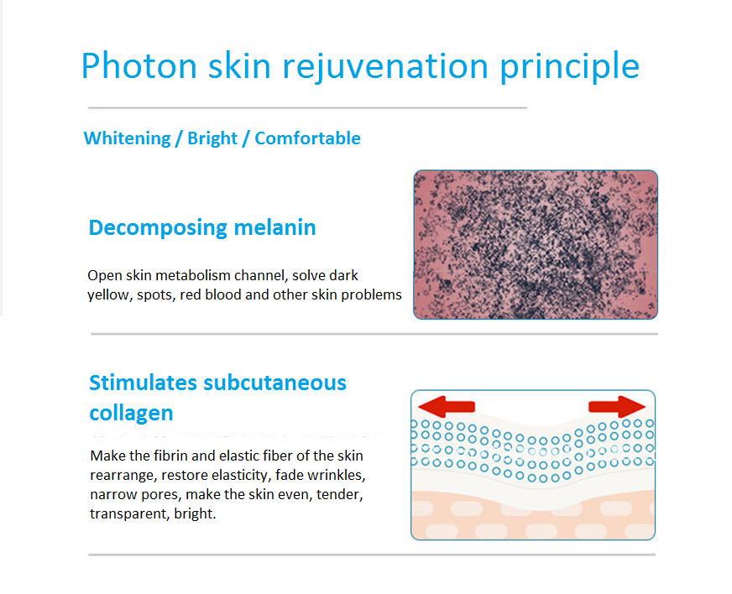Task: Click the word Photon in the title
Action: click(139, 65)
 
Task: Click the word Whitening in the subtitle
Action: click(127, 138)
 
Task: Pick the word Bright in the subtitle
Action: click(212, 138)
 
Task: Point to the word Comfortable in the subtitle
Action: click(307, 138)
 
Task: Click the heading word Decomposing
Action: click(157, 228)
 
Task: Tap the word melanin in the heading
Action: click(275, 227)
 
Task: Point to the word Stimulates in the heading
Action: click(143, 383)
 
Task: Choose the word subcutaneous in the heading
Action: click(275, 383)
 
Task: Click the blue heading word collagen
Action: click(131, 414)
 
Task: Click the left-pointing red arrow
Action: click(447, 406)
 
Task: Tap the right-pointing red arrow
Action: click(617, 406)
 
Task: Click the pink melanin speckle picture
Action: click(536, 245)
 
